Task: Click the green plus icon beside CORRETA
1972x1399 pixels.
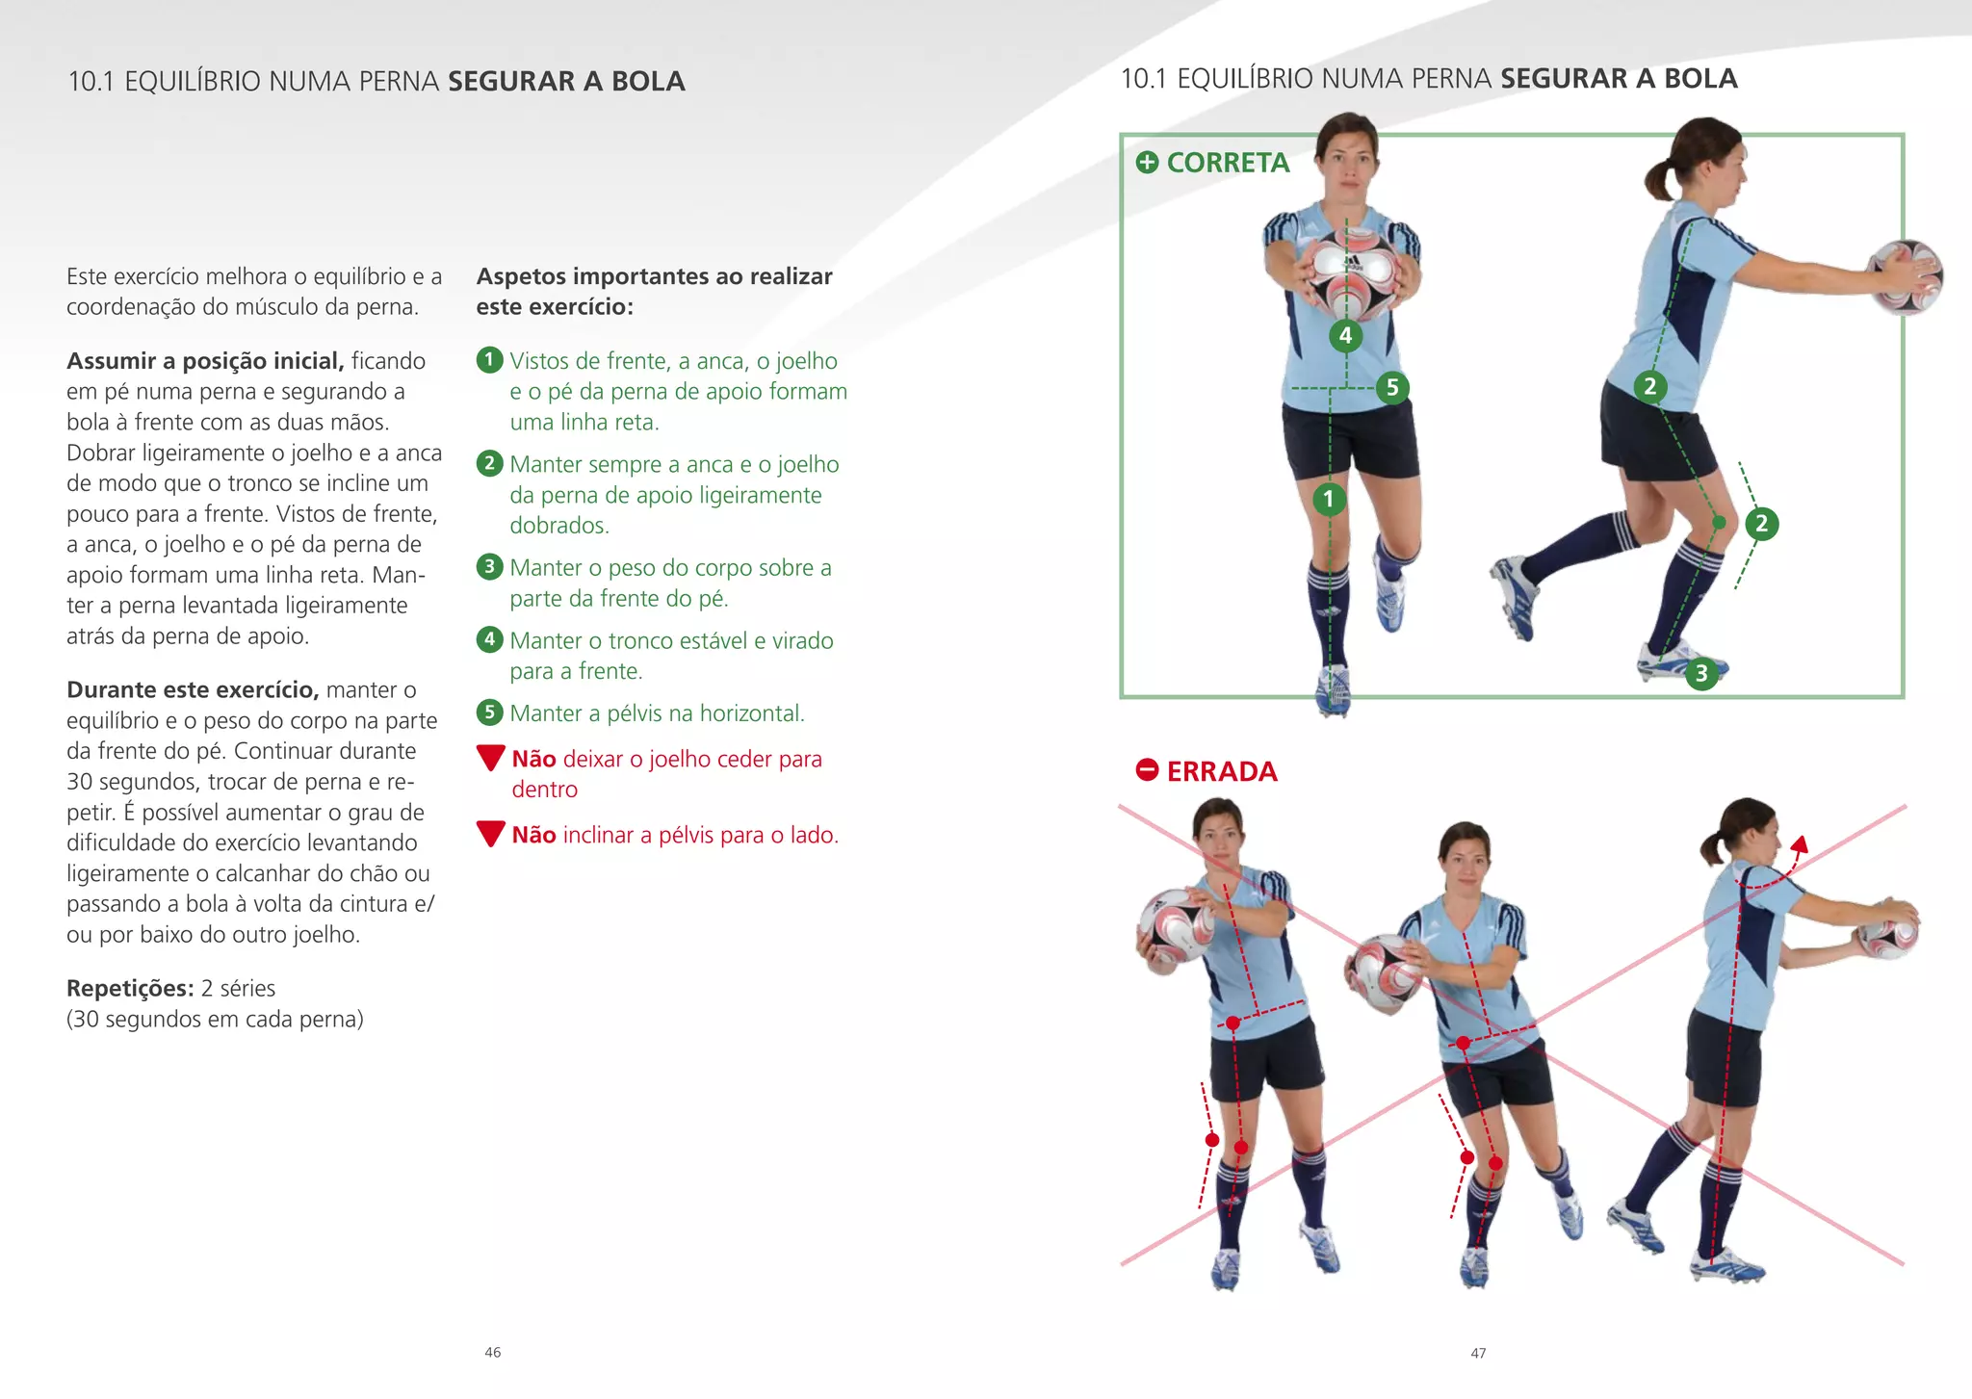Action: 1147,163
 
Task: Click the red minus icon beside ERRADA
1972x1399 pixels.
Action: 1147,770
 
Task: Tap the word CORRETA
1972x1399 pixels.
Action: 1228,163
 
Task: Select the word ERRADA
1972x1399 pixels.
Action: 1222,771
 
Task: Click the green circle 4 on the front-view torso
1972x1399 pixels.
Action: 1345,335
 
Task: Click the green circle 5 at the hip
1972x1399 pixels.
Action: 1391,388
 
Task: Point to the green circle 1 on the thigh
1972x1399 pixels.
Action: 1329,499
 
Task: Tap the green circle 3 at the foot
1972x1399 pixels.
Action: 1701,673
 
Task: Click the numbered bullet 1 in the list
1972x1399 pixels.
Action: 489,360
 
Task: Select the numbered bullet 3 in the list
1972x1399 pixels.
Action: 489,566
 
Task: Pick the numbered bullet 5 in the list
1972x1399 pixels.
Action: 489,712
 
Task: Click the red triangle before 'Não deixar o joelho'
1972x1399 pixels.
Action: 491,758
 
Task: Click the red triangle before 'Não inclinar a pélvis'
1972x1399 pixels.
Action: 491,834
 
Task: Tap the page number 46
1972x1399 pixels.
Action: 493,1353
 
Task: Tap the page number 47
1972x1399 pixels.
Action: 1478,1353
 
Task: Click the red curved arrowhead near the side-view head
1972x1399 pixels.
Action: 1798,845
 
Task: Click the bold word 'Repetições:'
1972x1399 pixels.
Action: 130,989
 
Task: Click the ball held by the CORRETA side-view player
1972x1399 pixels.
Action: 1905,277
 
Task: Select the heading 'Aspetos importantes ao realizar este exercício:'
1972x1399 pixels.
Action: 654,292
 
